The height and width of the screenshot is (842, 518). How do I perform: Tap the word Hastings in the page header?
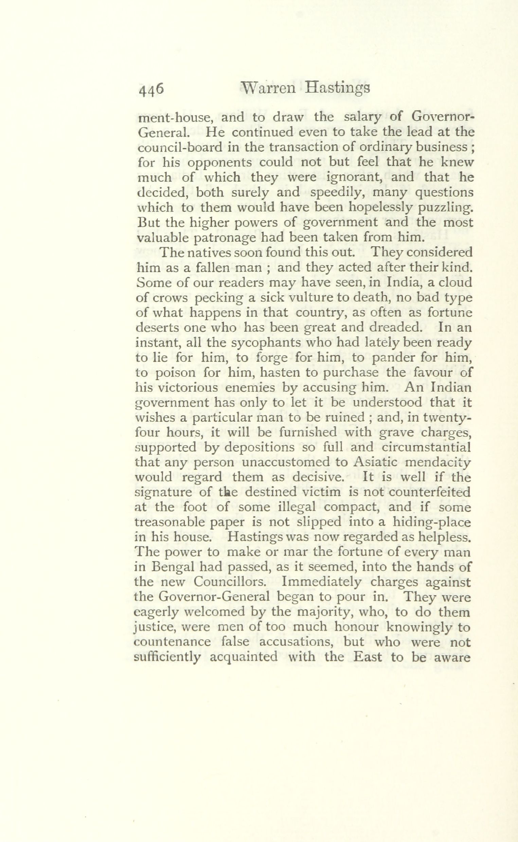point(338,89)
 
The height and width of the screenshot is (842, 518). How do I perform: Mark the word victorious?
point(185,387)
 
